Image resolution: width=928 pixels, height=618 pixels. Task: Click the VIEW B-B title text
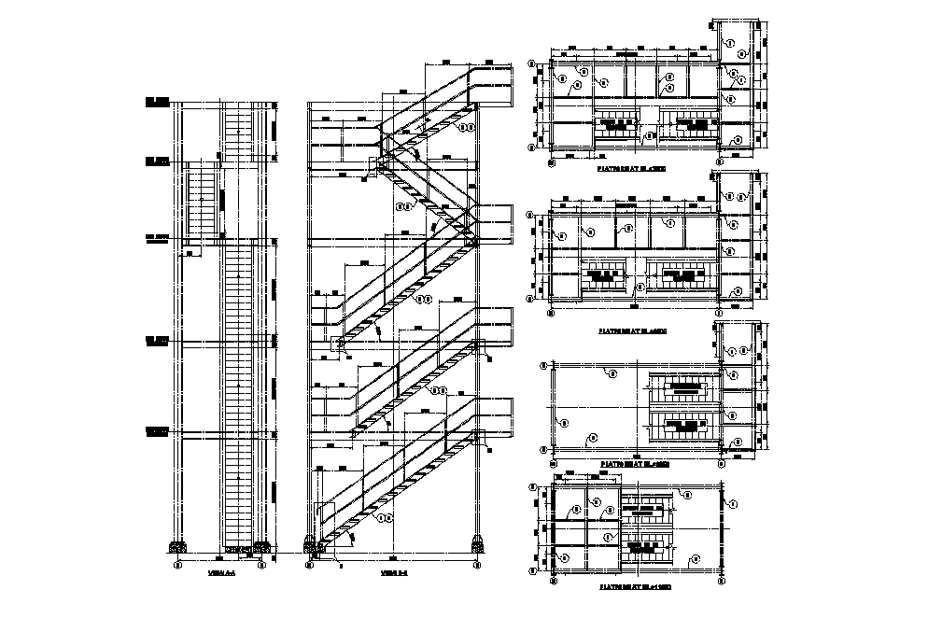395,573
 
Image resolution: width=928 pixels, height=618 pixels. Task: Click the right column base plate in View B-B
477,543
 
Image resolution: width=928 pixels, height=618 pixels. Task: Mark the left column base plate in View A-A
175,547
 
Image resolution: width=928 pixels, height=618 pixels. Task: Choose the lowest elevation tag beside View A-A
156,431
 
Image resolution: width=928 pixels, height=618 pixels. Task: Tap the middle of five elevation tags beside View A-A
156,239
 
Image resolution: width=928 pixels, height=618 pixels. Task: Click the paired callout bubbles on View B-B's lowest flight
383,514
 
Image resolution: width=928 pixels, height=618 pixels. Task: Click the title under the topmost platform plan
632,171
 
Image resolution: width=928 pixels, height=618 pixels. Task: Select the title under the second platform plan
632,330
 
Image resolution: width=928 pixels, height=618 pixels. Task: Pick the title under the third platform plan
632,464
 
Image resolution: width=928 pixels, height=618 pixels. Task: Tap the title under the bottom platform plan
632,589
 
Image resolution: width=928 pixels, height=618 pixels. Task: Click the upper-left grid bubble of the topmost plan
533,65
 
